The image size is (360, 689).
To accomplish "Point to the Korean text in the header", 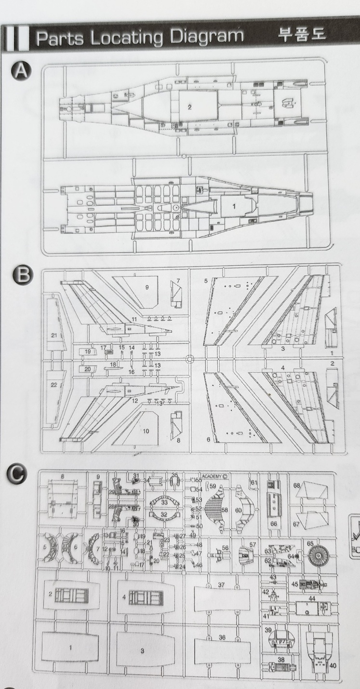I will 302,35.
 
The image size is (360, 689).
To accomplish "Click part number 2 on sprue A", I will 189,107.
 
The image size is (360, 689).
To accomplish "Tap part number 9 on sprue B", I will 147,287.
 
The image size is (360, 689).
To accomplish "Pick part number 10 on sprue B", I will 146,431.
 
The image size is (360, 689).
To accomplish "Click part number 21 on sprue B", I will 53,334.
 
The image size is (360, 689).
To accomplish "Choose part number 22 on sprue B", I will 53,384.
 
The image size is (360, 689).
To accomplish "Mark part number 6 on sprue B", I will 208,439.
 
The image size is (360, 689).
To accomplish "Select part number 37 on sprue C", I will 222,585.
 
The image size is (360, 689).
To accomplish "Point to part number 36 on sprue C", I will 222,637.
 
